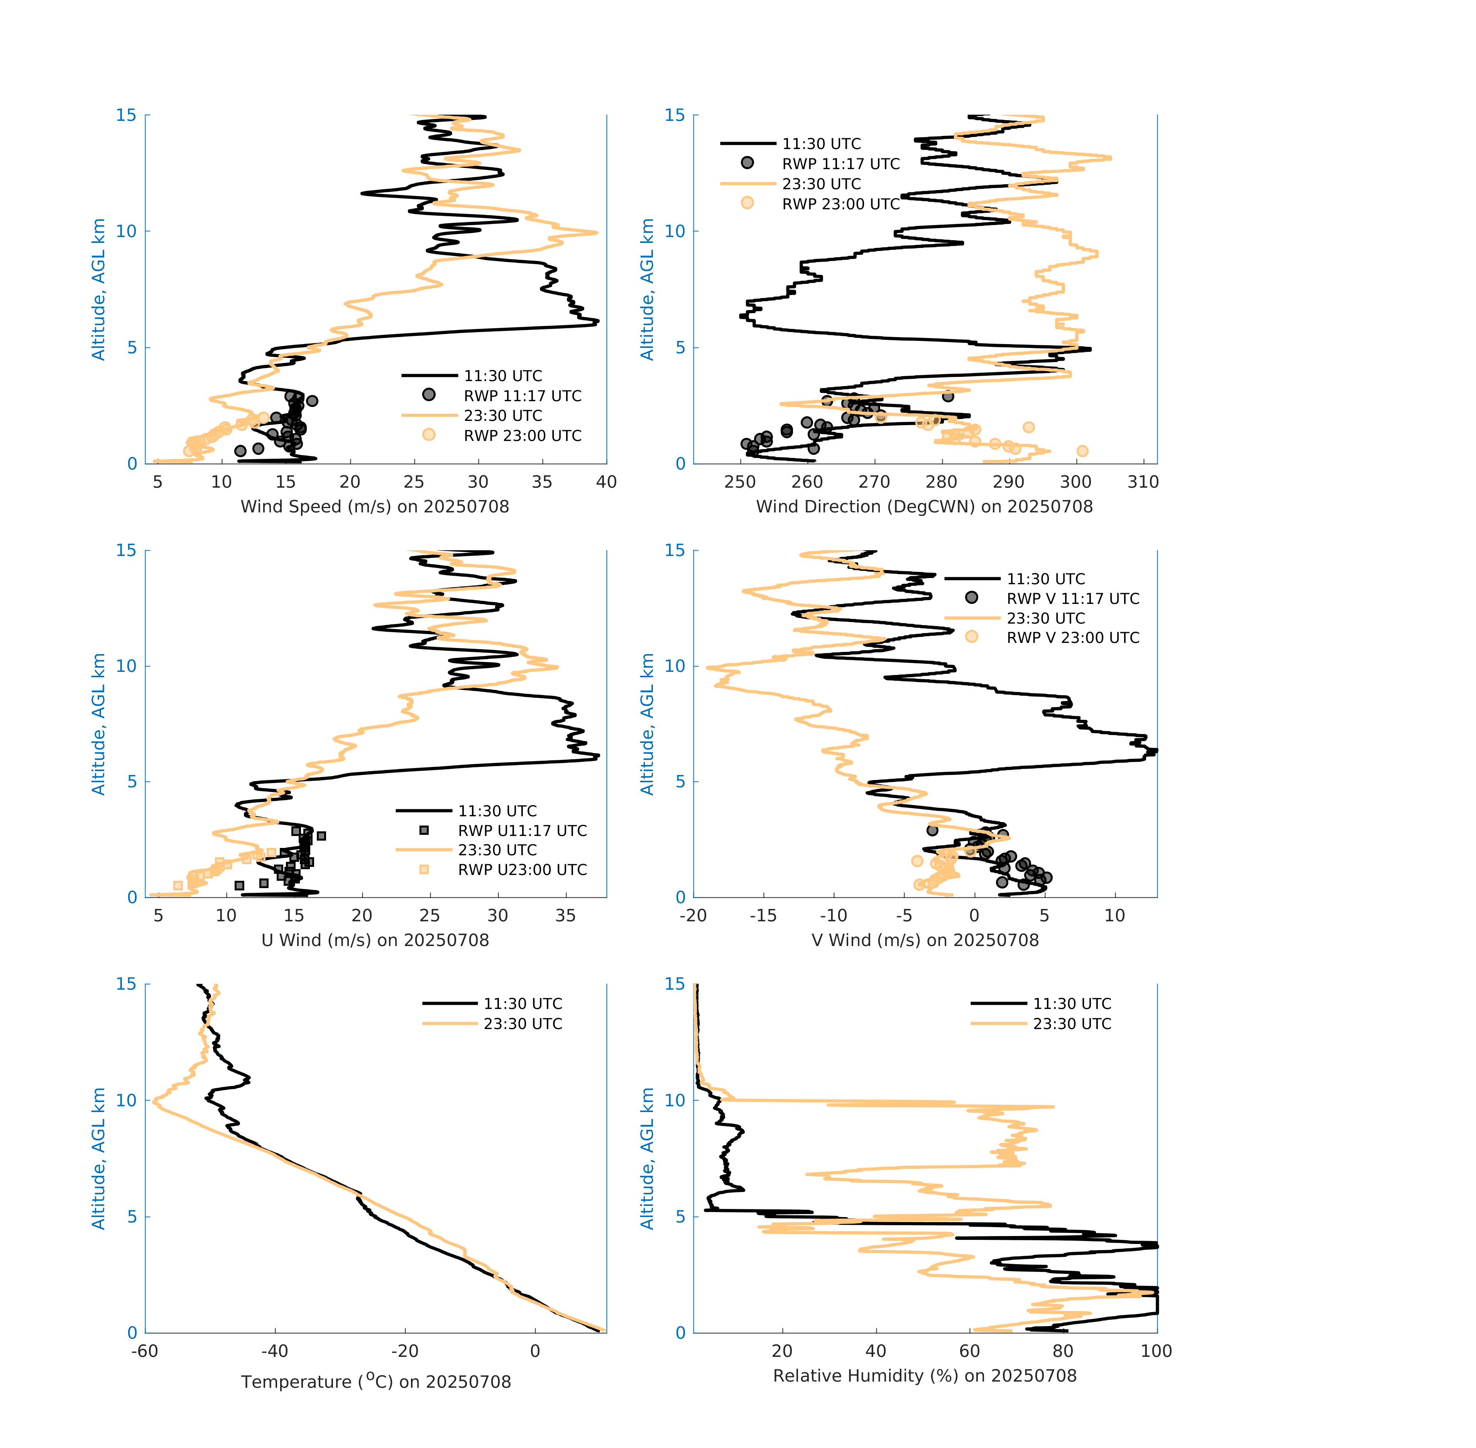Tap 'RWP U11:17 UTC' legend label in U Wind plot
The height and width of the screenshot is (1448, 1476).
click(x=522, y=831)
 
